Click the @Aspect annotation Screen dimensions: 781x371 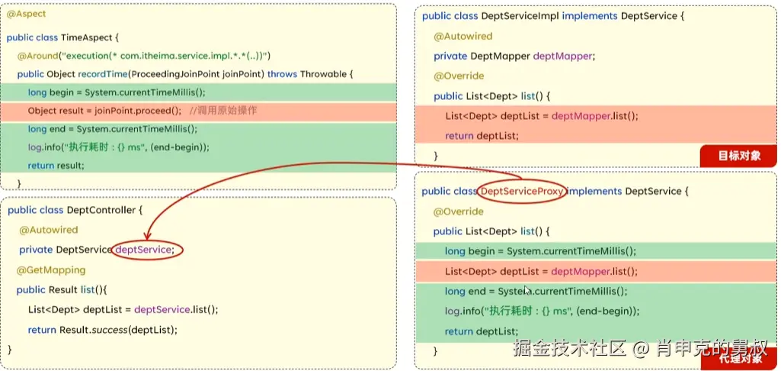point(27,15)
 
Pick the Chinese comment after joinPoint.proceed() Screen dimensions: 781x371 point(222,111)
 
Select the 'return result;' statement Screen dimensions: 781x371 point(56,166)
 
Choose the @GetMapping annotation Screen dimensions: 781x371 point(51,269)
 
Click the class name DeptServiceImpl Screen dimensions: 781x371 point(521,16)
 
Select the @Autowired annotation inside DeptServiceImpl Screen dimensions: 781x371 point(463,36)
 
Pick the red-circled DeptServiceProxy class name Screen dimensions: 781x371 point(522,191)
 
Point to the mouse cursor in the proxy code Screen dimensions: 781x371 point(527,290)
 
